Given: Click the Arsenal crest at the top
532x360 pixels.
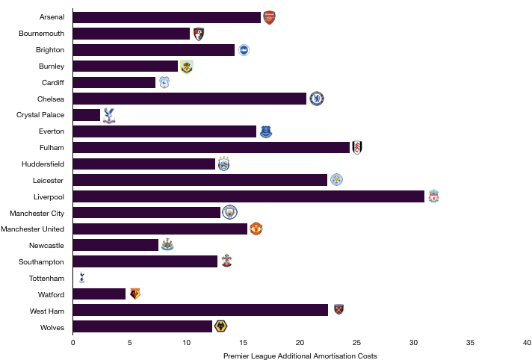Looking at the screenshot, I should click(269, 18).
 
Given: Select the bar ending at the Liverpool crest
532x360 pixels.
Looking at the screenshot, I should click(249, 196).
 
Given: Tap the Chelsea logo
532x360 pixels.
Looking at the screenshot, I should click(317, 99).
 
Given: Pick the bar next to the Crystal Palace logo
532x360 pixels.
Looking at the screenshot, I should click(87, 115).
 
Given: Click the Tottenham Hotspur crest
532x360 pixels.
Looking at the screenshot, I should click(81, 277).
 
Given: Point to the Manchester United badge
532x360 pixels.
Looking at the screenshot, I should click(256, 229).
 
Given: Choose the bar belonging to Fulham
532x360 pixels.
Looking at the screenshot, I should click(211, 148).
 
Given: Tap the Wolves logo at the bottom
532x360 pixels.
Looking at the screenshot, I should click(220, 326).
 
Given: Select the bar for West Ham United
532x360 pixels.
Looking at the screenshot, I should click(201, 310).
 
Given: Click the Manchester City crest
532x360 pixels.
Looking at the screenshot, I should click(229, 212).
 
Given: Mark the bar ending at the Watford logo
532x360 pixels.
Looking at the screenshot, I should click(99, 294).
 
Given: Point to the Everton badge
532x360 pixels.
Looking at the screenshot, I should click(266, 131).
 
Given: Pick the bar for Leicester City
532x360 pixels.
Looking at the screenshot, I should click(200, 180).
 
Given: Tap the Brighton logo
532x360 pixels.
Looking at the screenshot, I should click(244, 50).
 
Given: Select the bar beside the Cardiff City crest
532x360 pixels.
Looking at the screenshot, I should click(114, 83).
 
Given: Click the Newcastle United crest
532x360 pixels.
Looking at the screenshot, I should click(167, 244).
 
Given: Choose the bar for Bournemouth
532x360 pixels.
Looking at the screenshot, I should click(132, 34).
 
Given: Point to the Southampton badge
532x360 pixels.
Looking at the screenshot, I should click(226, 261).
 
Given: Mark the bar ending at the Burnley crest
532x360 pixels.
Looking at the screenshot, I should click(126, 66).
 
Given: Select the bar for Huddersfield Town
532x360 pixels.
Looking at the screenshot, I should click(144, 164).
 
